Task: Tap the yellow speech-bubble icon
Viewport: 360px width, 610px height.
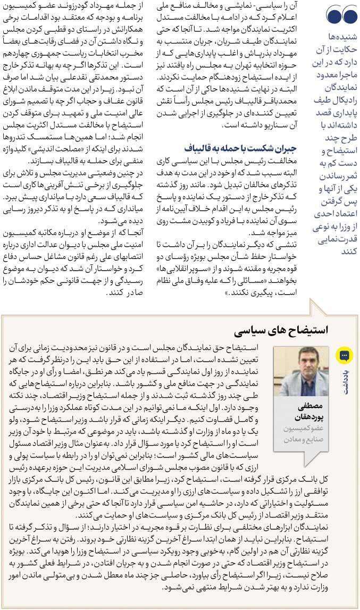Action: (344, 355)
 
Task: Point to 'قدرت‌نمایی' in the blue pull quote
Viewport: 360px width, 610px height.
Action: (341, 239)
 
